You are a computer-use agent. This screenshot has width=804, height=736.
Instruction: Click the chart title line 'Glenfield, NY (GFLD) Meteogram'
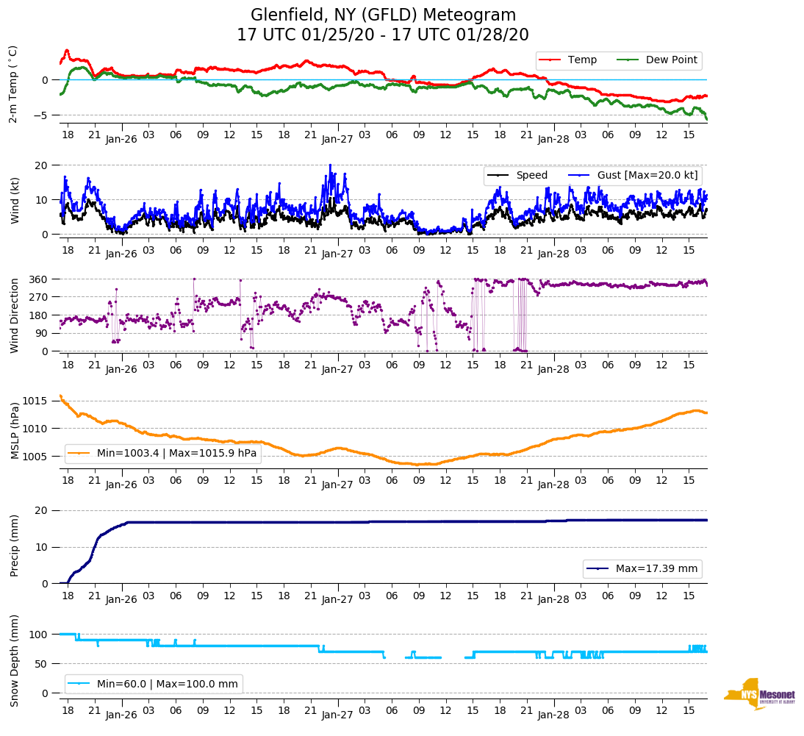[383, 15]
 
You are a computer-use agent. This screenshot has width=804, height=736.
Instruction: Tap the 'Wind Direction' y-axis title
[15, 315]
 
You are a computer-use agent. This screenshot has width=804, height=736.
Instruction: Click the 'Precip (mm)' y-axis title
[15, 546]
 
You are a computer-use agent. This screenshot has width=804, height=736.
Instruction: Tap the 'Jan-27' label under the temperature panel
[337, 138]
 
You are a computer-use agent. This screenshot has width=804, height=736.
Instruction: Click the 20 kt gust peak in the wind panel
[330, 165]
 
